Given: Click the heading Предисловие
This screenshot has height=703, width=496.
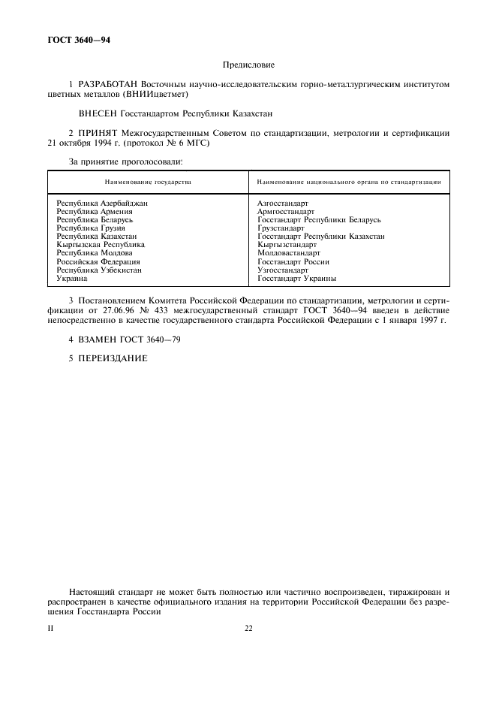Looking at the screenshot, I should pos(248,65).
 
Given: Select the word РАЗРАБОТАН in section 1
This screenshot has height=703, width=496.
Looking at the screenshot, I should pos(109,85).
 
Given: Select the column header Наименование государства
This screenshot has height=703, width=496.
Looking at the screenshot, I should pos(148,183).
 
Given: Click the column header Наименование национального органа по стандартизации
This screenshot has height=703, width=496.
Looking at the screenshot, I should pos(348,183).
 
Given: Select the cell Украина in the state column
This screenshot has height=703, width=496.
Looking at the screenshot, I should pos(72,278).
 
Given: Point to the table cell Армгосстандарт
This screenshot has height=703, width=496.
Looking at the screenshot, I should pos(286,212).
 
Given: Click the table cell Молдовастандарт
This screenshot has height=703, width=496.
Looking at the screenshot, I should pos(288,253).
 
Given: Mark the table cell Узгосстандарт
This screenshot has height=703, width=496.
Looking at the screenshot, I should pos(282,270).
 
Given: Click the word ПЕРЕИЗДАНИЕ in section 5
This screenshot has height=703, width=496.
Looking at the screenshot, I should pos(113,358).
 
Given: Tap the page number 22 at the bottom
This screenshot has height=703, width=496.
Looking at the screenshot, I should pos(248,628).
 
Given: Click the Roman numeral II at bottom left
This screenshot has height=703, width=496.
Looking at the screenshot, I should pos(51,628).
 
